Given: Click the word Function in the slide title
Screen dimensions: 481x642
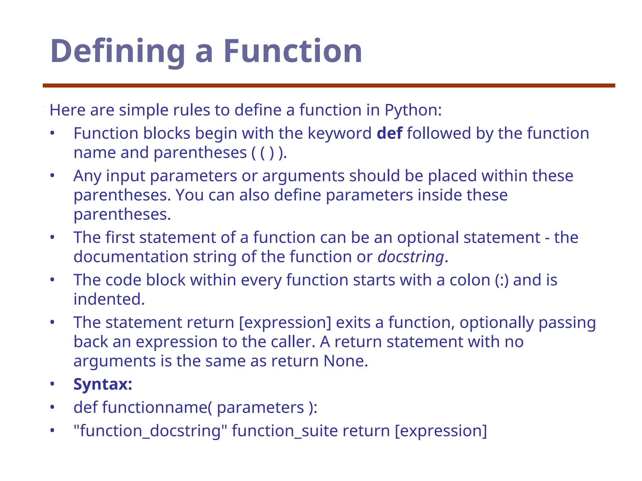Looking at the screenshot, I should (x=292, y=51).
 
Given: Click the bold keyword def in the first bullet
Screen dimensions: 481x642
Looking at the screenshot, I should (x=389, y=133).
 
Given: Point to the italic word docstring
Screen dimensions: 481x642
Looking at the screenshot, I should (x=411, y=257).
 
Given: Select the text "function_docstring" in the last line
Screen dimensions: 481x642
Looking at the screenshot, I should (x=150, y=431).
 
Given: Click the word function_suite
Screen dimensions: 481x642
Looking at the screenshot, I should (x=285, y=431).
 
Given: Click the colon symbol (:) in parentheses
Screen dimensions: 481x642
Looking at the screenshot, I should (x=502, y=280).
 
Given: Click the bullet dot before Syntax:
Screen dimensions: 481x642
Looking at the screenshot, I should (x=52, y=384).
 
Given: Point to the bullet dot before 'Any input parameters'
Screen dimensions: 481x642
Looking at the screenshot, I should (x=52, y=176).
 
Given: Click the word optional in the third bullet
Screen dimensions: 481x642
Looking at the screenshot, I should (x=428, y=238).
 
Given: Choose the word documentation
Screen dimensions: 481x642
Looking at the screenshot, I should (x=131, y=257).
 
